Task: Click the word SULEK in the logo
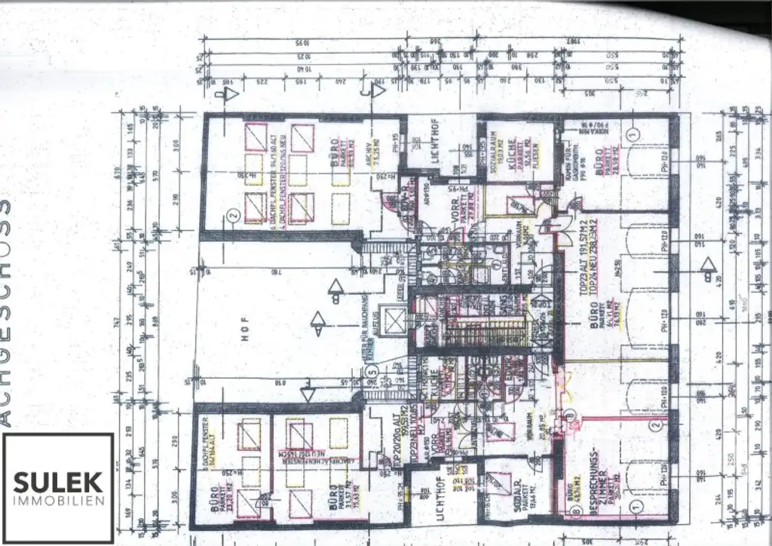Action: point(58,481)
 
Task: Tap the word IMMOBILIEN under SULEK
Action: point(58,500)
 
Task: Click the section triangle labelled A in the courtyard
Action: point(335,287)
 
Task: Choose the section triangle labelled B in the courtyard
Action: point(318,324)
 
